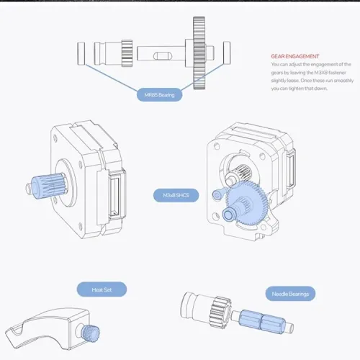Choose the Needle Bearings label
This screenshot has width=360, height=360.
(290, 293)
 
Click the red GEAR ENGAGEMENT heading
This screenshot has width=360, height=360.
(294, 56)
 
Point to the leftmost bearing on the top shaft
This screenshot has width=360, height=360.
(79, 53)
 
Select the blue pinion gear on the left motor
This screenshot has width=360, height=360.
(40, 184)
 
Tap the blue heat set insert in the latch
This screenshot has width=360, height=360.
(91, 332)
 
